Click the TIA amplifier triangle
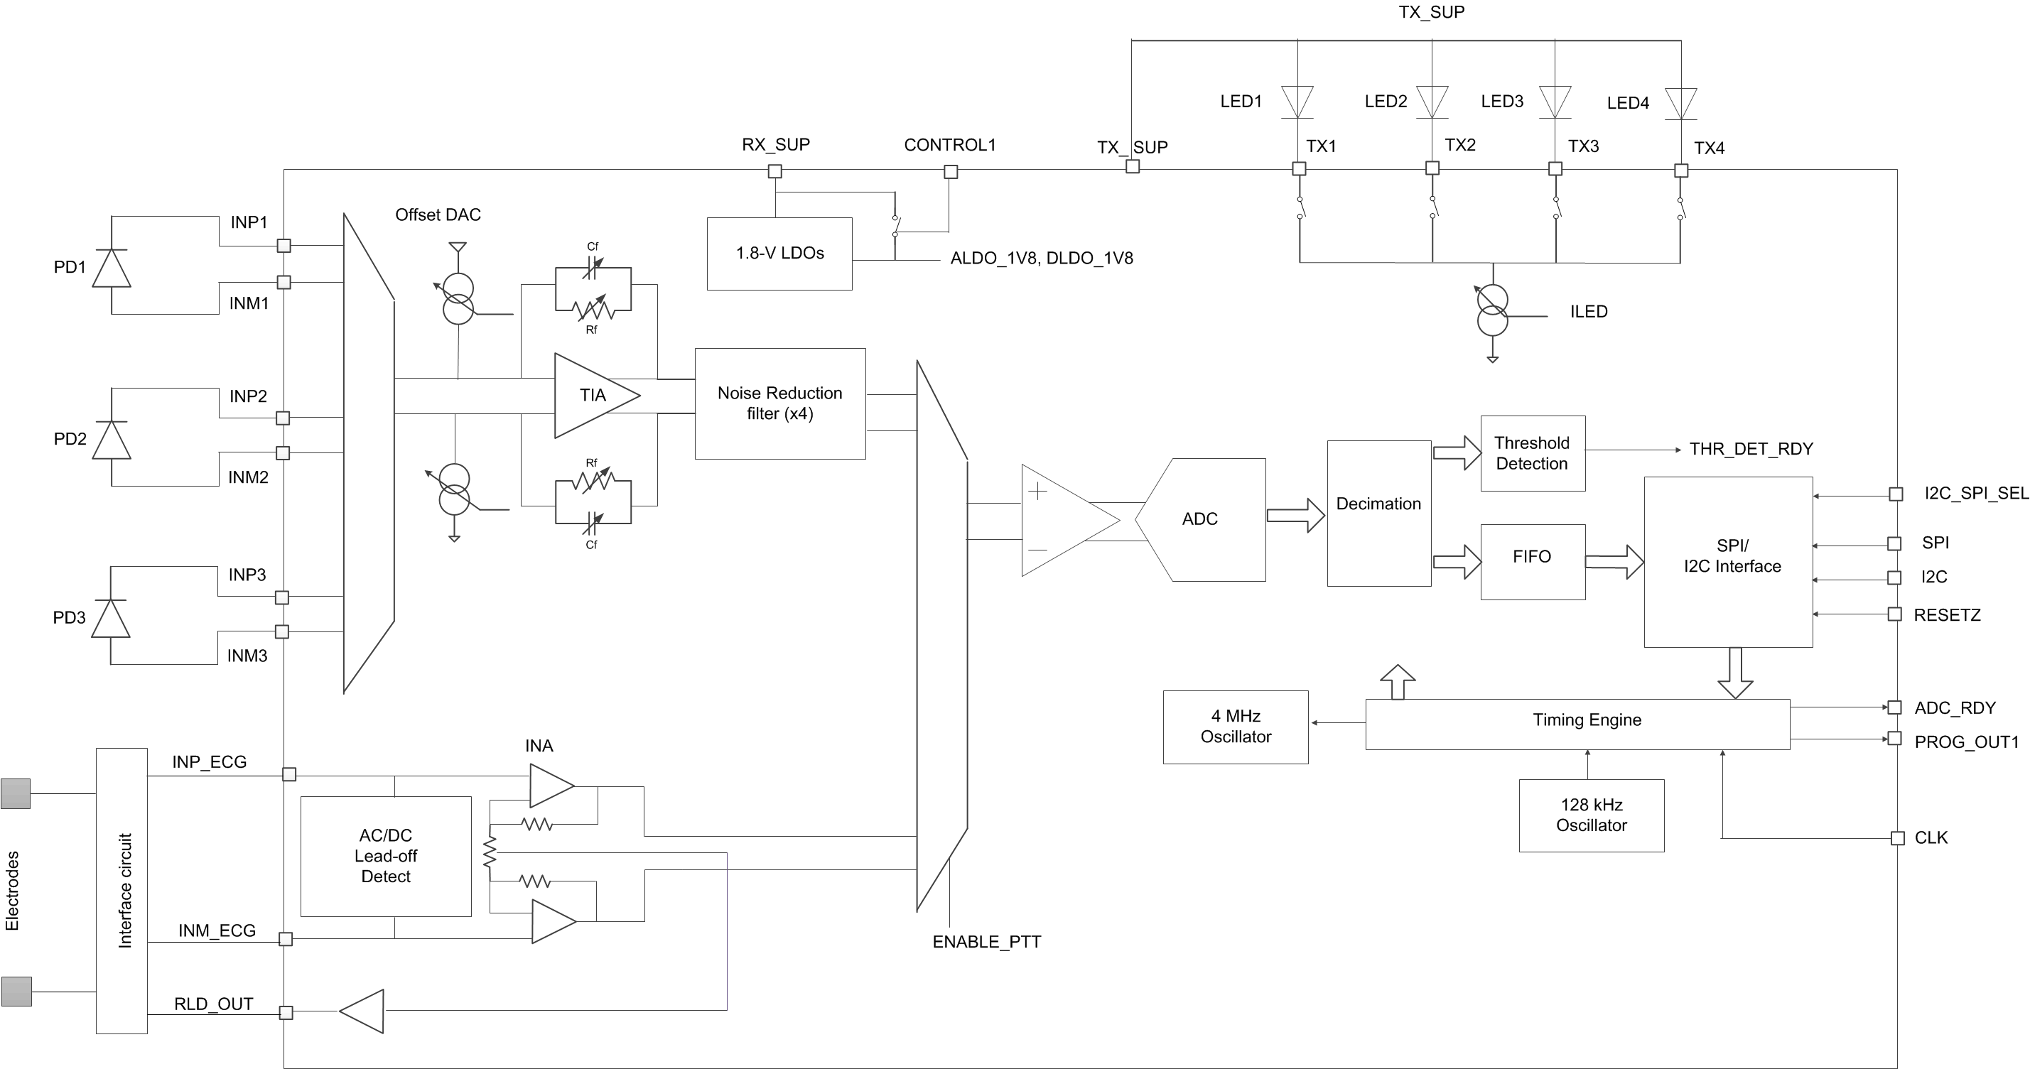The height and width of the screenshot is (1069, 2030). tap(591, 396)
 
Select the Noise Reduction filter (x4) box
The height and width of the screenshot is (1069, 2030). tap(779, 403)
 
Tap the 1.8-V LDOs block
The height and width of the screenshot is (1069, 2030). tap(779, 254)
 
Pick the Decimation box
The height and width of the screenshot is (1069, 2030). tap(1378, 513)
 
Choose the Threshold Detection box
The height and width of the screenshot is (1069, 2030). tap(1532, 453)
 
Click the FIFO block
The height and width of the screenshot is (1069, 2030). tap(1532, 561)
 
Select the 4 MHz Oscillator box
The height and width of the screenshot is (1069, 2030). tap(1235, 727)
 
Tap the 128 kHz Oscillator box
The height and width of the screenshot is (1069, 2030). tap(1591, 815)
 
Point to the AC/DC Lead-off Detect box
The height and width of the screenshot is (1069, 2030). tap(385, 857)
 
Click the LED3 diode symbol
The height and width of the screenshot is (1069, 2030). tap(1555, 102)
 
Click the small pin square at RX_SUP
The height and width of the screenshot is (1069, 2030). tap(774, 171)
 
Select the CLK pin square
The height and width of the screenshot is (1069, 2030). tap(1898, 838)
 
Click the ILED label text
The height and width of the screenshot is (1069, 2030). tap(1588, 312)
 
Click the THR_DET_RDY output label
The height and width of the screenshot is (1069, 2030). tap(1750, 449)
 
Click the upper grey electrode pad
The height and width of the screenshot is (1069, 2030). tap(16, 793)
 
